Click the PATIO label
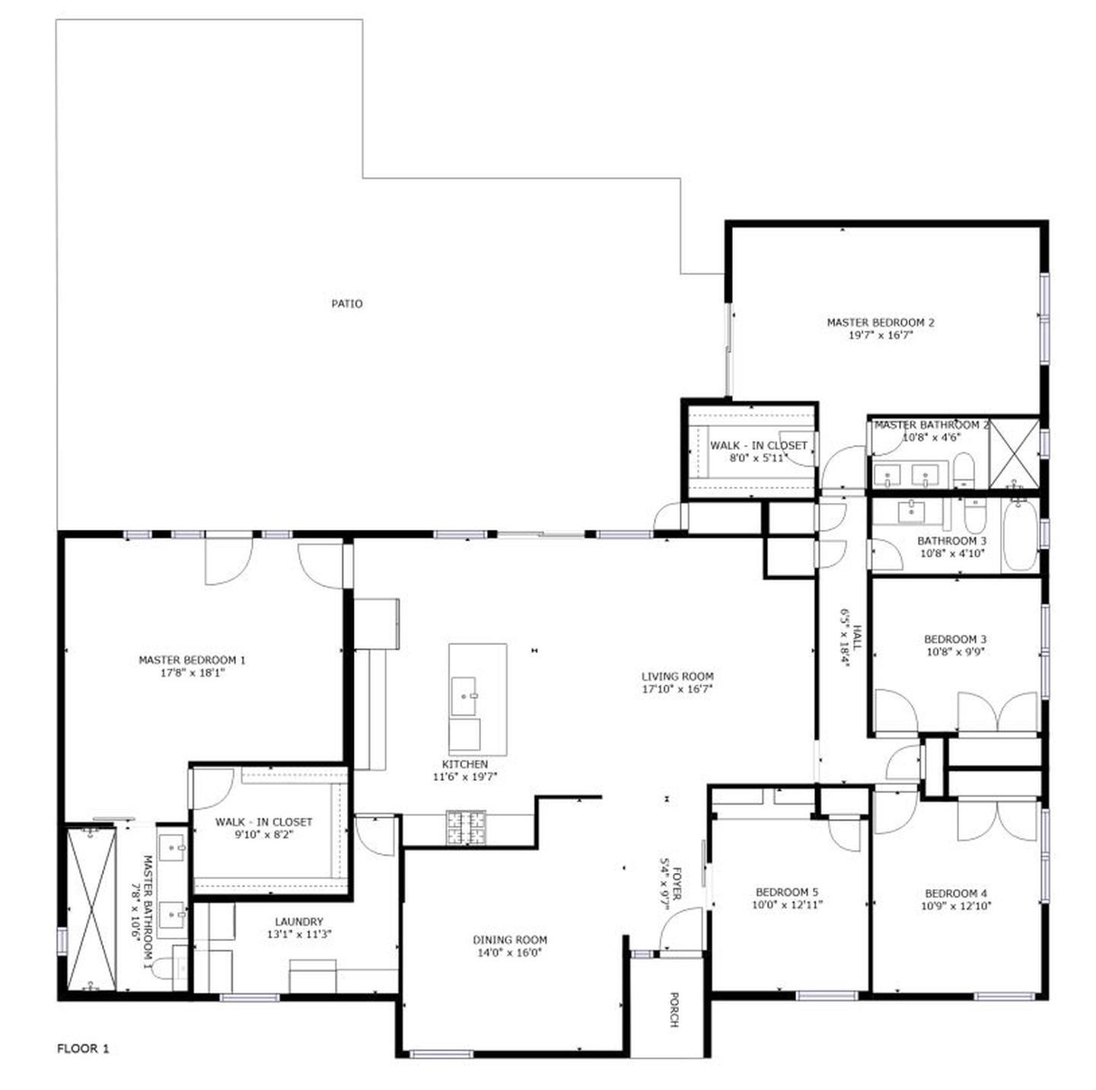point(346,304)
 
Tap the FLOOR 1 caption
point(83,1048)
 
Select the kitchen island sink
point(464,696)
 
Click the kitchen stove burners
point(466,828)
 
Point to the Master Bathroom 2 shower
point(1014,454)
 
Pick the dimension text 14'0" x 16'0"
point(510,952)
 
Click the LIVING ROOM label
point(677,676)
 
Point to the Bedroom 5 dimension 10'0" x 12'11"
point(787,905)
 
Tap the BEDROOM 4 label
point(956,893)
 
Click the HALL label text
point(857,638)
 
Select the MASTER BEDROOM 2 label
point(881,322)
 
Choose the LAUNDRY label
point(299,921)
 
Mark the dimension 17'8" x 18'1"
point(192,673)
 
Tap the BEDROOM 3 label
point(955,639)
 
